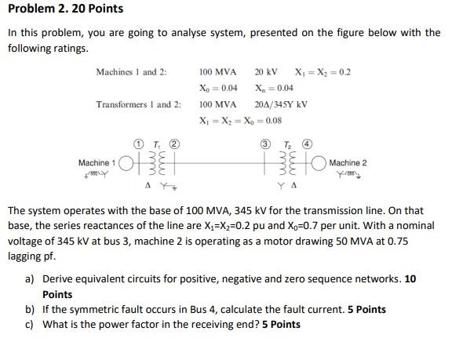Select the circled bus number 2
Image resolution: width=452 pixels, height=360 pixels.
click(x=174, y=144)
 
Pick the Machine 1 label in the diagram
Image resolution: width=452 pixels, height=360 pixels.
click(x=97, y=162)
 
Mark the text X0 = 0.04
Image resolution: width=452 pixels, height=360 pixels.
click(x=217, y=88)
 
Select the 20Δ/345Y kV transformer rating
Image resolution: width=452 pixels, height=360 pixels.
click(x=281, y=104)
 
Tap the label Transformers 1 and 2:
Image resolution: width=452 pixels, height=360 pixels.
click(x=138, y=104)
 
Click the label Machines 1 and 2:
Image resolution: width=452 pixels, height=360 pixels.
click(x=131, y=72)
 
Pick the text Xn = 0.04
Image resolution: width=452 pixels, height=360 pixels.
click(x=274, y=88)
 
